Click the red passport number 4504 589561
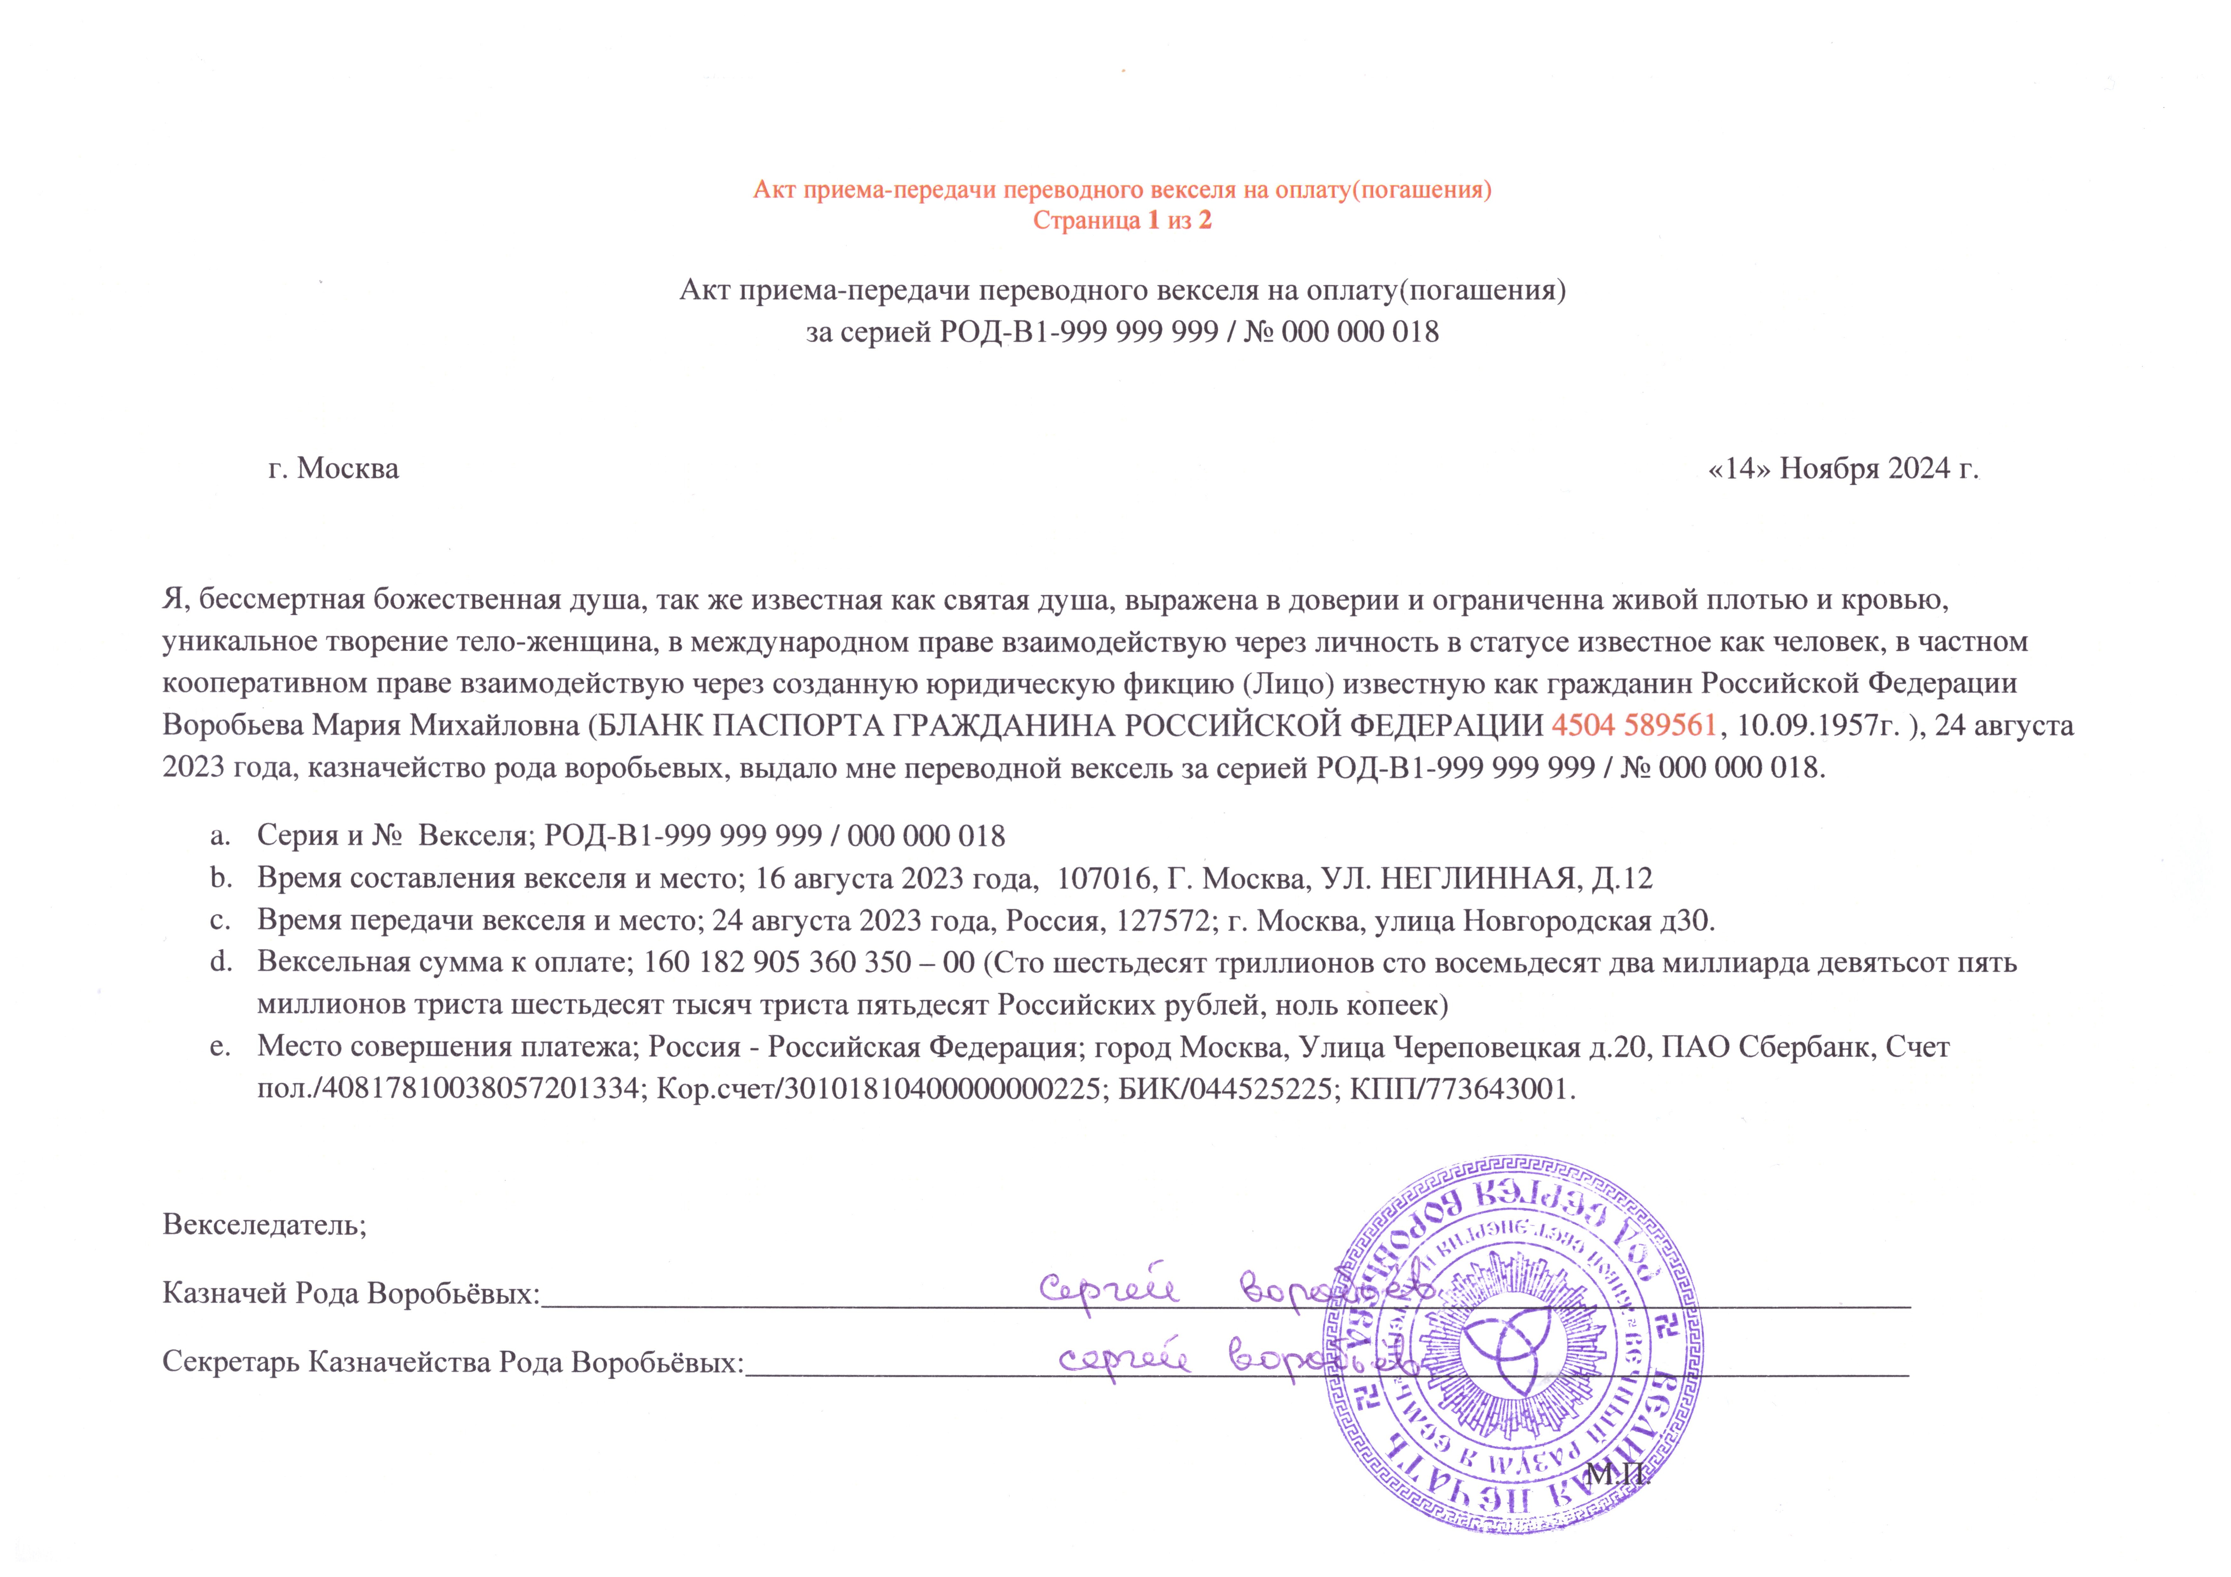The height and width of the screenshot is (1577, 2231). point(1633,726)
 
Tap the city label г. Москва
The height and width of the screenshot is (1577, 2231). point(333,468)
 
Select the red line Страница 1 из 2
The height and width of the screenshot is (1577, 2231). point(1122,221)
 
